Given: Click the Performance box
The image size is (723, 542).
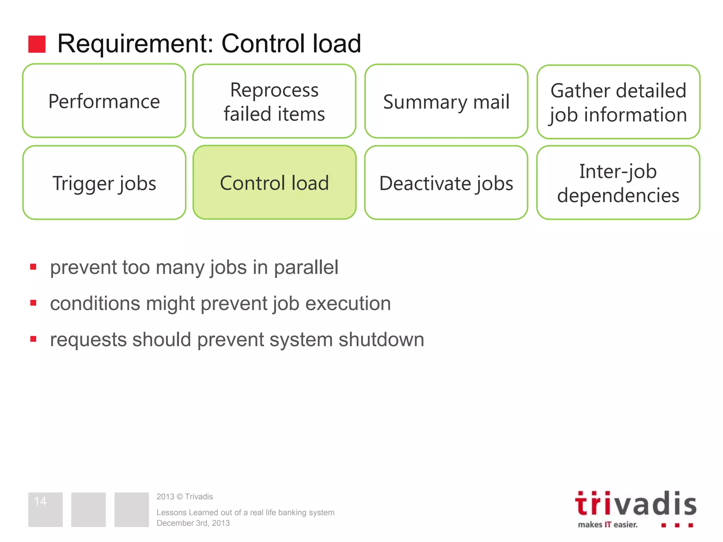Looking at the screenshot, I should click(104, 101).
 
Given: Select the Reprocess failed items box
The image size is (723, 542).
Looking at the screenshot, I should click(274, 102).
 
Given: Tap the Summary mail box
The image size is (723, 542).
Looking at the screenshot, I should click(446, 102).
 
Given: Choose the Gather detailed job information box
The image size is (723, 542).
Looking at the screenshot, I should click(618, 102).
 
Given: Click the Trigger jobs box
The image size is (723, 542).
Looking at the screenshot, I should click(104, 183).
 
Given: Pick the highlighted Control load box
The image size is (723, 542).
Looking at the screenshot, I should click(274, 183).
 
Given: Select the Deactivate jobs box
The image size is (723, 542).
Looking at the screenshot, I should click(446, 183).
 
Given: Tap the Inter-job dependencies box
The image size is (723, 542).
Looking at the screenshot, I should click(618, 183).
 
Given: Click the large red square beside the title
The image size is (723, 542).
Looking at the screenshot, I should click(37, 44).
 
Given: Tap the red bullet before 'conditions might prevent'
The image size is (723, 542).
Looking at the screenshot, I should click(34, 303).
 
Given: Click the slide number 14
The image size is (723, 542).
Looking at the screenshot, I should click(40, 501).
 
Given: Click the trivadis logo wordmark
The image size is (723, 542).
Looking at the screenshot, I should click(635, 504).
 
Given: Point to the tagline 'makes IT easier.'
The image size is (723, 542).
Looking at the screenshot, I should click(608, 525).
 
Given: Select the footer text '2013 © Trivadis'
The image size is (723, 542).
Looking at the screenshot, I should click(185, 496).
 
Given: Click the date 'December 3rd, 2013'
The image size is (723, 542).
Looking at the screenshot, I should click(193, 523).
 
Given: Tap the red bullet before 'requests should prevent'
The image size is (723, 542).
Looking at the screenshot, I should click(34, 339).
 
